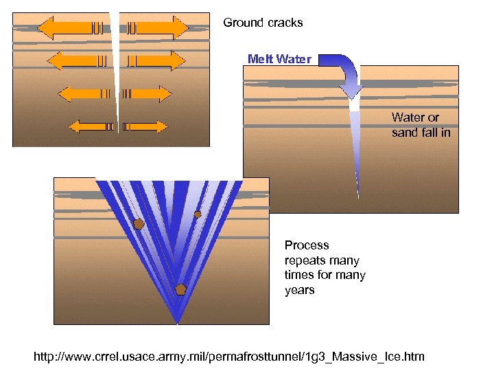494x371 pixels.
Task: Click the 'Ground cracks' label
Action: click(263, 23)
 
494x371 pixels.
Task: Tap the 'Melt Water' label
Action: click(279, 59)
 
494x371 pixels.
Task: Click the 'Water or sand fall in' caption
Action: click(421, 125)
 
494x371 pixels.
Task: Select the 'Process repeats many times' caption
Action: click(325, 267)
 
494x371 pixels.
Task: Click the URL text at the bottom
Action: click(229, 357)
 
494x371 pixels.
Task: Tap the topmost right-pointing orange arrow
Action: click(158, 28)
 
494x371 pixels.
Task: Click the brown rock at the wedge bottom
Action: click(180, 289)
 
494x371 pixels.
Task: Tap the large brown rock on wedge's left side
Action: click(139, 224)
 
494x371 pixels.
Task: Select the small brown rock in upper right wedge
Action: click(198, 214)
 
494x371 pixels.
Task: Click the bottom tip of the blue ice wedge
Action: click(177, 319)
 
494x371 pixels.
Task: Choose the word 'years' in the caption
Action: click(299, 290)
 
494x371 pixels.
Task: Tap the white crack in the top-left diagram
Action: click(117, 76)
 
